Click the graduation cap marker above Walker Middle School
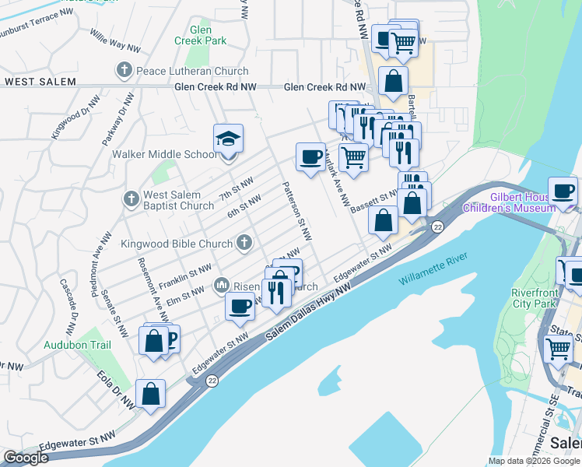[x=228, y=139]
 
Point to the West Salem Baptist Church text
[x=178, y=201]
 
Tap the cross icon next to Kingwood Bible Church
[x=244, y=244]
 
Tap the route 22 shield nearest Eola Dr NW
[x=212, y=381]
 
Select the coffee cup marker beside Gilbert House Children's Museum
[x=563, y=191]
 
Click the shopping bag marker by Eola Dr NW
[x=150, y=394]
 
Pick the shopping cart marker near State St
[x=559, y=351]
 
